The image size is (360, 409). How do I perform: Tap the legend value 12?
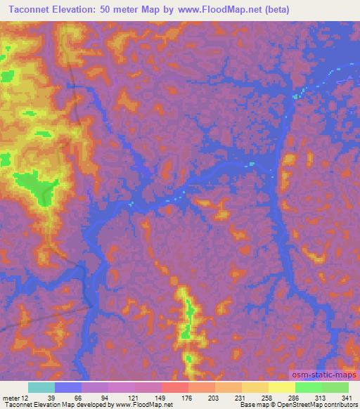tap(25, 398)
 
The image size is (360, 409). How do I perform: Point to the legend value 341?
tap(345, 398)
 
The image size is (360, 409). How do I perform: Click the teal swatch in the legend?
tap(41, 387)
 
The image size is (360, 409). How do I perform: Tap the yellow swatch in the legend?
tap(281, 387)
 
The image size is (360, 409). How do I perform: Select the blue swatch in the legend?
tap(68, 387)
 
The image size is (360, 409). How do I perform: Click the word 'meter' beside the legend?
tap(11, 398)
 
